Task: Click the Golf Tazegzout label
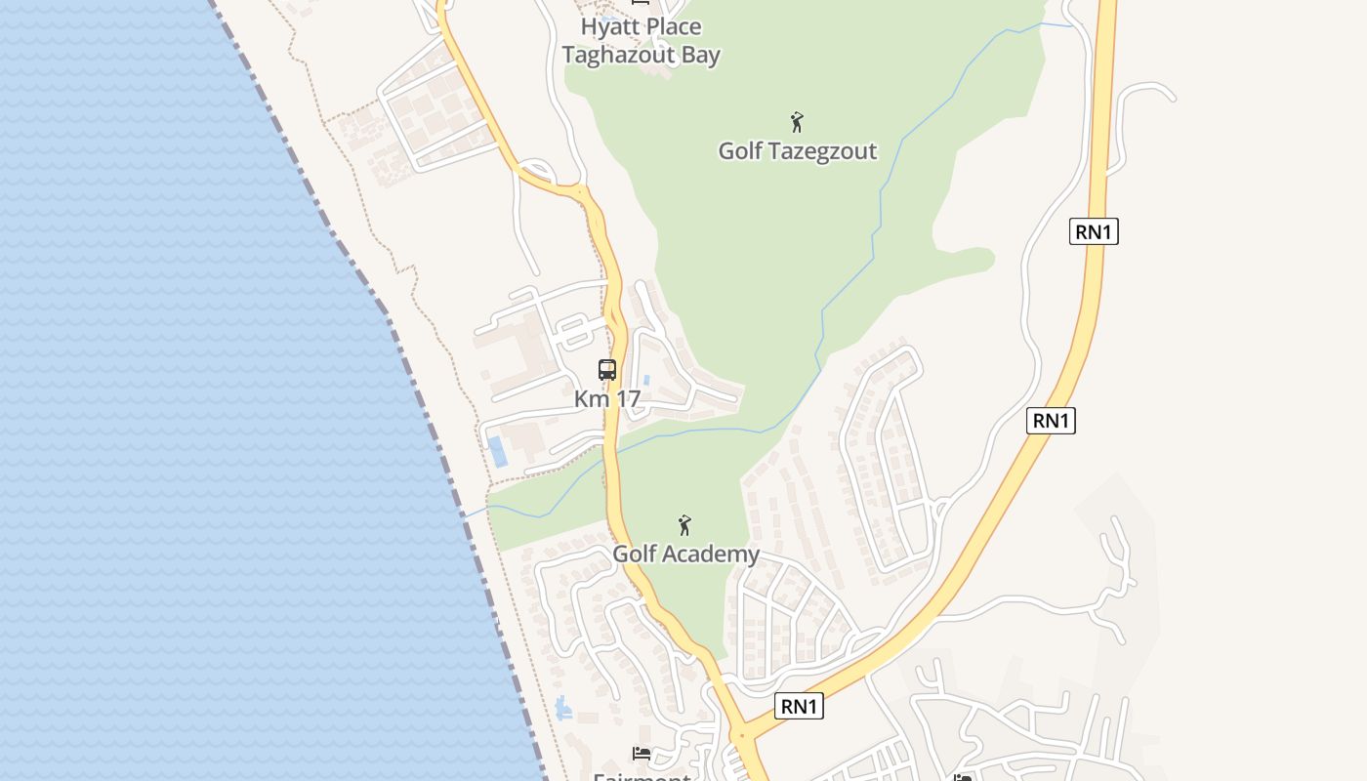pyautogui.click(x=797, y=151)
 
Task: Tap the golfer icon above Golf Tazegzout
pyautogui.click(x=797, y=122)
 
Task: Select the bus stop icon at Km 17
pyautogui.click(x=607, y=370)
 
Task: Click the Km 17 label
pyautogui.click(x=606, y=398)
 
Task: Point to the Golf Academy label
pyautogui.click(x=685, y=554)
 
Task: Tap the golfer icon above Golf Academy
pyautogui.click(x=684, y=525)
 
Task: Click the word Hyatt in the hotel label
pyautogui.click(x=611, y=26)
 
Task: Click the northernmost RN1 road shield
pyautogui.click(x=1094, y=231)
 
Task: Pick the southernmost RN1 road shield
pyautogui.click(x=799, y=706)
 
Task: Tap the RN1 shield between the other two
pyautogui.click(x=1051, y=421)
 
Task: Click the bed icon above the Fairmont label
pyautogui.click(x=642, y=754)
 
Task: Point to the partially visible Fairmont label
pyautogui.click(x=642, y=776)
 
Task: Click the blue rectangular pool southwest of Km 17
pyautogui.click(x=498, y=451)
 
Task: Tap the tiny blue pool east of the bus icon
pyautogui.click(x=646, y=380)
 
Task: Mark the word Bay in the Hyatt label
pyautogui.click(x=700, y=55)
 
